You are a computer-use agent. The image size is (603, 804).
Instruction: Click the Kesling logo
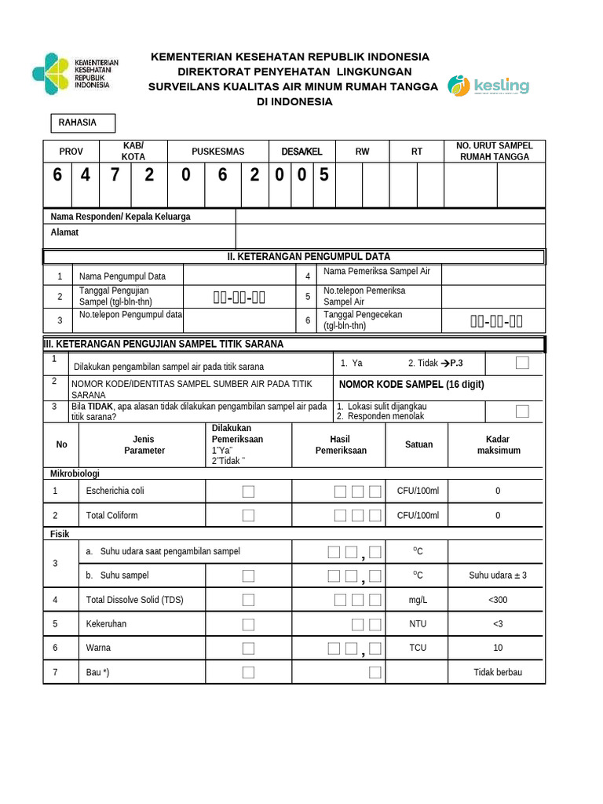(x=488, y=86)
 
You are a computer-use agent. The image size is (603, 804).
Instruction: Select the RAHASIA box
(x=82, y=123)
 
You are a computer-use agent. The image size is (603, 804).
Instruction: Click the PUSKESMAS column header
(x=217, y=152)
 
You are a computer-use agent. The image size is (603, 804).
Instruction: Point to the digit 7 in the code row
(x=115, y=175)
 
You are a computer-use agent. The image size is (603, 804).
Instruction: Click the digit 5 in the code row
(x=323, y=175)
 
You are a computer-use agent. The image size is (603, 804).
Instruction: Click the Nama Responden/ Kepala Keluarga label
(x=120, y=217)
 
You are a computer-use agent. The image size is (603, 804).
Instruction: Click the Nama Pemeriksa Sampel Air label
(x=377, y=272)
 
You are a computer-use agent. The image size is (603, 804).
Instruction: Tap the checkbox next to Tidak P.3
(x=522, y=363)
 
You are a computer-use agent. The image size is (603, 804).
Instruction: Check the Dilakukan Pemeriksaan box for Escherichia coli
(x=248, y=492)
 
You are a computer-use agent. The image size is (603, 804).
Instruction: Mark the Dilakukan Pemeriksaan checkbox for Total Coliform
(x=248, y=515)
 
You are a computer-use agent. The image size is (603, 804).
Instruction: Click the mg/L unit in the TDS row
(x=418, y=600)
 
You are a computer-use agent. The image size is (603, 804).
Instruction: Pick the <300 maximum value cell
(x=497, y=600)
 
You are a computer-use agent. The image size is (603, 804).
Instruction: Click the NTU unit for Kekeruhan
(x=418, y=624)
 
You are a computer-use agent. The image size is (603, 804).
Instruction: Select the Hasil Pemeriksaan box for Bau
(x=375, y=672)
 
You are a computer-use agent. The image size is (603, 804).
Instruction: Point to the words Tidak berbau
(x=497, y=673)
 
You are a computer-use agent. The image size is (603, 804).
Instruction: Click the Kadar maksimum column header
(x=498, y=445)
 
